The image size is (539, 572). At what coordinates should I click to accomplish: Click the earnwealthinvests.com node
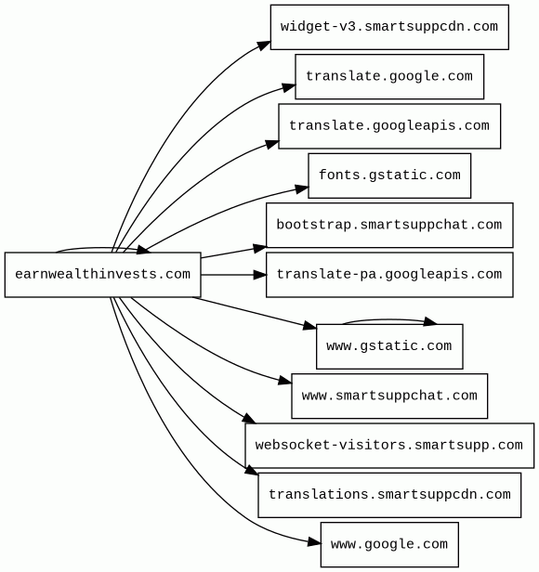pos(102,275)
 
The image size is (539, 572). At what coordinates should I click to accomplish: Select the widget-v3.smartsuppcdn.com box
pos(389,27)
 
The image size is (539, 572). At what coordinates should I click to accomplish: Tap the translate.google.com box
pos(389,76)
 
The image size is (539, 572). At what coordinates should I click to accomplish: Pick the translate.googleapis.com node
pos(389,126)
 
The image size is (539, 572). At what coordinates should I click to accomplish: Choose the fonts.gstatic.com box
pos(389,175)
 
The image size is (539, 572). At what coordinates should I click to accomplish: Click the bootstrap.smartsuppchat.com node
pos(389,225)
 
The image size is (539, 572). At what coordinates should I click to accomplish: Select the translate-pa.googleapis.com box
pos(389,275)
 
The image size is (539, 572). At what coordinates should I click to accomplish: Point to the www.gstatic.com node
pos(389,346)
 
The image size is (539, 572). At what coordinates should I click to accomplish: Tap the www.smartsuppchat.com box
pos(389,396)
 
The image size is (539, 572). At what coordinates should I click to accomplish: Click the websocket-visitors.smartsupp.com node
pos(389,446)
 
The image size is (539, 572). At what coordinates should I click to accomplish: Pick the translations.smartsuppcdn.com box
pos(389,495)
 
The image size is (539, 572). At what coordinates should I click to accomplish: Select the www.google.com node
pos(389,545)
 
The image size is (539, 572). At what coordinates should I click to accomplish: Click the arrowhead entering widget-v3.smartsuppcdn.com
pos(264,45)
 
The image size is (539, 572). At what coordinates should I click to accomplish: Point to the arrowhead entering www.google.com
pos(314,542)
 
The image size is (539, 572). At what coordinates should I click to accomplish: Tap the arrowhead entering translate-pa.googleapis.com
pos(260,275)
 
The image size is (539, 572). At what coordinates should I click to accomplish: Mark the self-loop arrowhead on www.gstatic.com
pos(430,321)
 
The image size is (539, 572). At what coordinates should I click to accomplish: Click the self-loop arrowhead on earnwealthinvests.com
pos(143,250)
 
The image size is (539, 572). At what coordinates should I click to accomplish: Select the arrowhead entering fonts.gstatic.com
pos(302,189)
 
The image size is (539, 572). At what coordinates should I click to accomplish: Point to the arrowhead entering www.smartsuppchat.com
pos(285,381)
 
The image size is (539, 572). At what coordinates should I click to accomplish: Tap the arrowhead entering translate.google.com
pos(289,88)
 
